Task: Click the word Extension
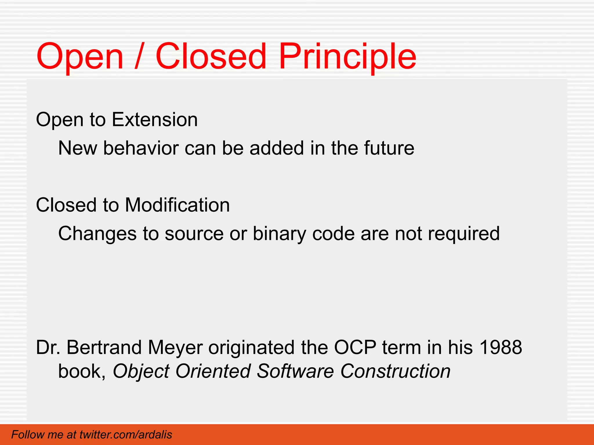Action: pos(155,119)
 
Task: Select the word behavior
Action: pos(141,148)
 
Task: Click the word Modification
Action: pos(177,205)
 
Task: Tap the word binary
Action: pos(279,234)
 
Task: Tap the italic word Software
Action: pos(295,371)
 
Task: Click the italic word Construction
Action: pos(395,371)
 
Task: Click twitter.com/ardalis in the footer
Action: pos(126,435)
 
